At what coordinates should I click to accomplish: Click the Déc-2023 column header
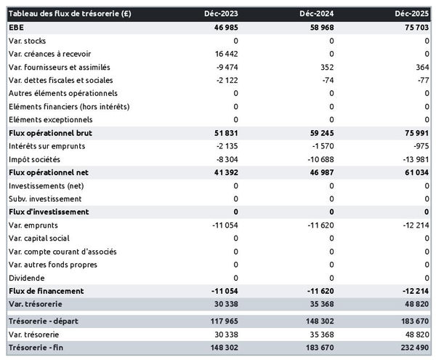pos(222,14)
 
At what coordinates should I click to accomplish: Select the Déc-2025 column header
pos(413,14)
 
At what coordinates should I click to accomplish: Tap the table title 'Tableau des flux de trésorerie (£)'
pos(70,14)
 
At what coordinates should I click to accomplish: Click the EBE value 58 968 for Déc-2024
pos(320,27)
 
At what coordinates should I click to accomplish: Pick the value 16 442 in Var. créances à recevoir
pos(225,54)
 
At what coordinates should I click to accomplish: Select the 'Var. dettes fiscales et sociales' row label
pos(61,80)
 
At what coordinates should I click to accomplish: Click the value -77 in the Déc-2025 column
pos(421,80)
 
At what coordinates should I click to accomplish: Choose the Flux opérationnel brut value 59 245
pos(320,133)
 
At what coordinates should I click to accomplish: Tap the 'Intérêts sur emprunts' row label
pos(47,146)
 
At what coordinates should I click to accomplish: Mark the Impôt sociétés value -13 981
pos(415,159)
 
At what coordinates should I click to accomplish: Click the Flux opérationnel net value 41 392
pos(225,172)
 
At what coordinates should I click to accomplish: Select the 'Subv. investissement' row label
pos(45,199)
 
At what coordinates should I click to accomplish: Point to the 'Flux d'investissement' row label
pos(49,212)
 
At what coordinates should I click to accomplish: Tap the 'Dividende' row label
pos(27,278)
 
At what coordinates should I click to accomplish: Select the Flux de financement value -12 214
pos(413,291)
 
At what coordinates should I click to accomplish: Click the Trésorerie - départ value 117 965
pos(222,321)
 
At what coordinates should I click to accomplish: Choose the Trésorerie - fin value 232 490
pos(413,347)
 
